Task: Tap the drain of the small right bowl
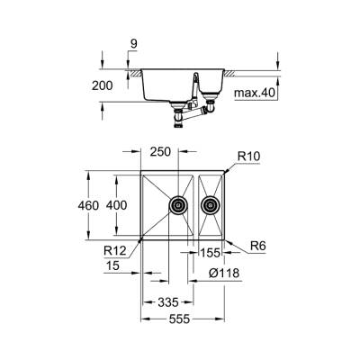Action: [x=212, y=205]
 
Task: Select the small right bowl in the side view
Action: [x=212, y=81]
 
